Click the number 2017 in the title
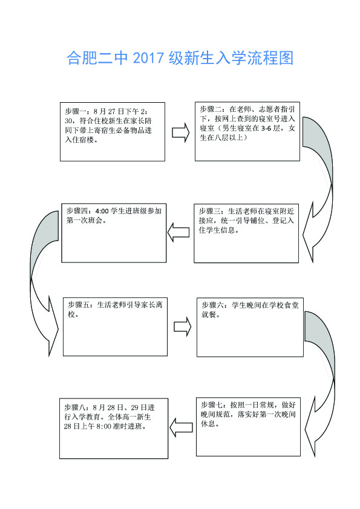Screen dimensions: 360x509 [x=148, y=59]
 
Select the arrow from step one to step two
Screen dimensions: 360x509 [x=180, y=132]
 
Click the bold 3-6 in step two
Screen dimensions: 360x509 [x=266, y=129]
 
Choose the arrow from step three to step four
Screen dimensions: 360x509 [x=178, y=232]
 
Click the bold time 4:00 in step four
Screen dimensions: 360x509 [x=102, y=212]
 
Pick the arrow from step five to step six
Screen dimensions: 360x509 [x=183, y=326]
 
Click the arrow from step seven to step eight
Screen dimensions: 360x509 [x=181, y=427]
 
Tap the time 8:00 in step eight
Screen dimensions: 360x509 [x=104, y=427]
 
